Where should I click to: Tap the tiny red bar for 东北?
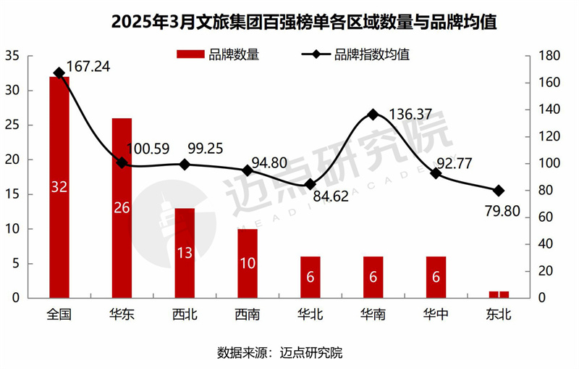click(499, 294)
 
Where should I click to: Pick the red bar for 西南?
click(248, 263)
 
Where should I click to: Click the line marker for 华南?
click(373, 115)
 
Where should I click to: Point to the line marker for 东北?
click(499, 191)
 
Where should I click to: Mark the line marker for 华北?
click(310, 184)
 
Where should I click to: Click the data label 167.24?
click(88, 67)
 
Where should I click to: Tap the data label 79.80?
click(500, 212)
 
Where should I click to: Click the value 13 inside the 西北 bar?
click(185, 253)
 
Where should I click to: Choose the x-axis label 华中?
click(436, 315)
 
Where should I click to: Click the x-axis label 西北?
click(185, 315)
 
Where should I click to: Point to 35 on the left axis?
click(12, 56)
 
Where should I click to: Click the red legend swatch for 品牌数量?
click(190, 54)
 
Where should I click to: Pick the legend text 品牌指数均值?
click(371, 54)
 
